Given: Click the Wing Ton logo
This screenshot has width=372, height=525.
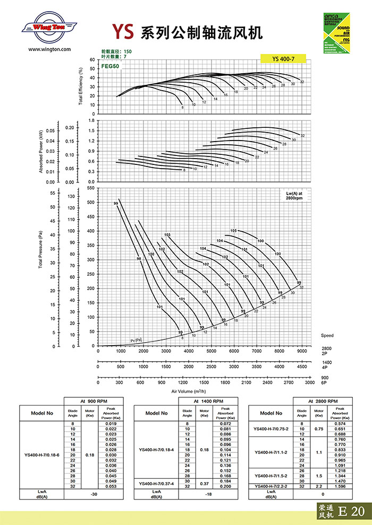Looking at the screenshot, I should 47,28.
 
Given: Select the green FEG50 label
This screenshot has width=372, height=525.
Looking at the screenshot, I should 109,67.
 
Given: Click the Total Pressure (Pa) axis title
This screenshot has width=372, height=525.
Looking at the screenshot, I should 41,249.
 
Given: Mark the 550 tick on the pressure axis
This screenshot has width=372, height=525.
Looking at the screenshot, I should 90,188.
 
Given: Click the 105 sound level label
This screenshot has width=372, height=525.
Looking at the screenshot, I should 233,231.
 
